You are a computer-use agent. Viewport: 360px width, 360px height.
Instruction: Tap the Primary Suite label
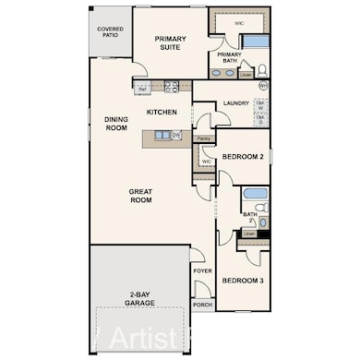[x=171, y=44]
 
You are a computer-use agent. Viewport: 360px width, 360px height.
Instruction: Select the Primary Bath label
[x=229, y=57]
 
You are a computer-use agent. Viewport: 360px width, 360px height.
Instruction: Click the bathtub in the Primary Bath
[x=255, y=41]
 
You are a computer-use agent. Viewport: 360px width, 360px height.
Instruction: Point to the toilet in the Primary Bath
[x=261, y=69]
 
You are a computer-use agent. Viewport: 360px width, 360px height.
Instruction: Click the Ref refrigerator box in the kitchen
[x=141, y=89]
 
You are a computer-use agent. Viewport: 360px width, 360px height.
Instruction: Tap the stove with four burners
[x=171, y=89]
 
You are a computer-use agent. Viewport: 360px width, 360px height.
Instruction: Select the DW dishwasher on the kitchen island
[x=176, y=137]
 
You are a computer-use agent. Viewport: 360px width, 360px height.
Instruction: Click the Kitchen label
[x=162, y=113]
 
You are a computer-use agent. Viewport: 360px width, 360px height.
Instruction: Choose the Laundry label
[x=236, y=103]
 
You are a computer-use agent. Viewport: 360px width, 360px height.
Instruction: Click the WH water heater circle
[x=263, y=86]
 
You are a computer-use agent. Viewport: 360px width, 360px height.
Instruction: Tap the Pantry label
[x=203, y=138]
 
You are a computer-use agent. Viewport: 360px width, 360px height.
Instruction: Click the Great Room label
[x=140, y=195]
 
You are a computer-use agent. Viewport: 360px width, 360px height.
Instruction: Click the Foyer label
[x=202, y=271]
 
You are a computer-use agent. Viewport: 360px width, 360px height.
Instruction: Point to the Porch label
[x=202, y=305]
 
